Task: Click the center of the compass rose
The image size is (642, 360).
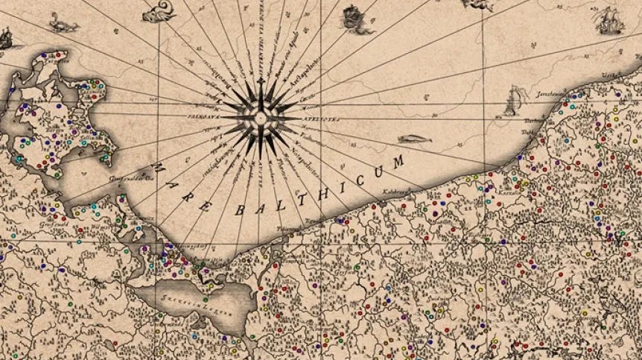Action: point(261,118)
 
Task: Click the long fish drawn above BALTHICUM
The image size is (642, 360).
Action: point(412,139)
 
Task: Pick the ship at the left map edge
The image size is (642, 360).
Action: point(6,37)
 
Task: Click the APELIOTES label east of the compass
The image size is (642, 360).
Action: point(301,118)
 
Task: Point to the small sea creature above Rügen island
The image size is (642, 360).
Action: point(63,26)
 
